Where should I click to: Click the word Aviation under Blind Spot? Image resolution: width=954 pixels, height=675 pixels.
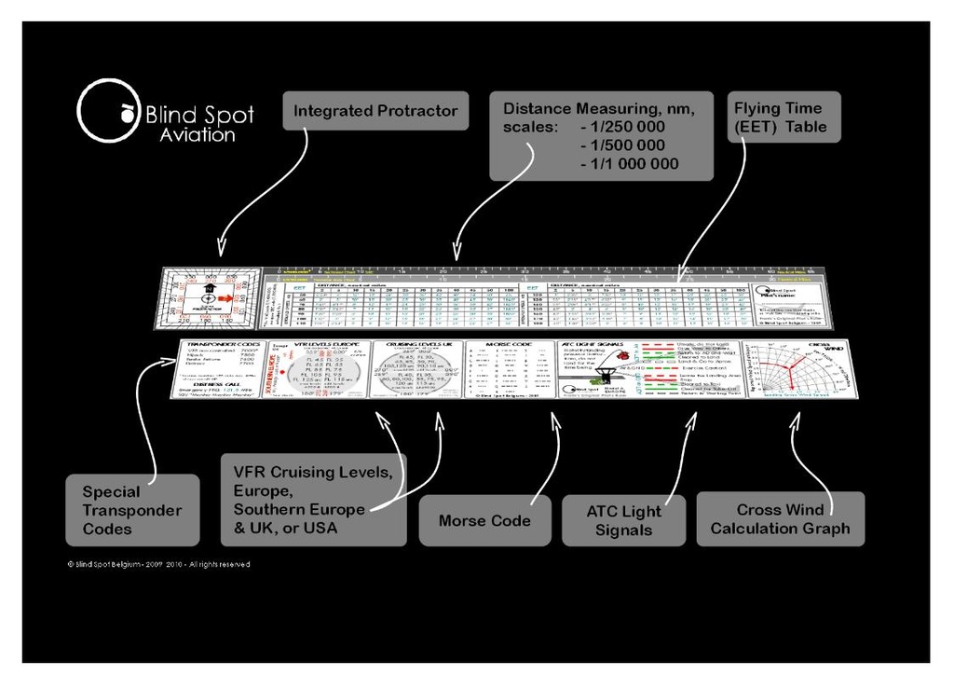point(198,135)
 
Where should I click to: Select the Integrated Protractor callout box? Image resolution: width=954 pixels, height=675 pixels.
point(375,111)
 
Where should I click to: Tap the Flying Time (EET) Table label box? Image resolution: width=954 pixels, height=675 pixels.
point(784,117)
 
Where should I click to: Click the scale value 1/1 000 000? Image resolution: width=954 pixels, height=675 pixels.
point(629,164)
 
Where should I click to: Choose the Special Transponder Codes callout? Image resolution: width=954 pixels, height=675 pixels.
point(132,510)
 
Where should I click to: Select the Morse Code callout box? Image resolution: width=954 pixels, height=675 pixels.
point(484,520)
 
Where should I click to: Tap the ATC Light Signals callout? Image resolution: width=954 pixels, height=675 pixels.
point(623,520)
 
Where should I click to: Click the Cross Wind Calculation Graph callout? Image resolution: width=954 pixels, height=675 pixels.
point(780,519)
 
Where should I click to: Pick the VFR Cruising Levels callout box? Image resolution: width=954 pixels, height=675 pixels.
point(313,500)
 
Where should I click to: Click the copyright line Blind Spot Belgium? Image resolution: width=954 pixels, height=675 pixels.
point(158,564)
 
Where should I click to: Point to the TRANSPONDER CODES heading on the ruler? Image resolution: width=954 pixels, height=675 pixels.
point(220,345)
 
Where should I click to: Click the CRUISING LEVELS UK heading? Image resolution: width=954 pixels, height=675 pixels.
point(417,345)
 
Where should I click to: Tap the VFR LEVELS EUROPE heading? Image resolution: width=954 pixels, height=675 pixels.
point(320,345)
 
